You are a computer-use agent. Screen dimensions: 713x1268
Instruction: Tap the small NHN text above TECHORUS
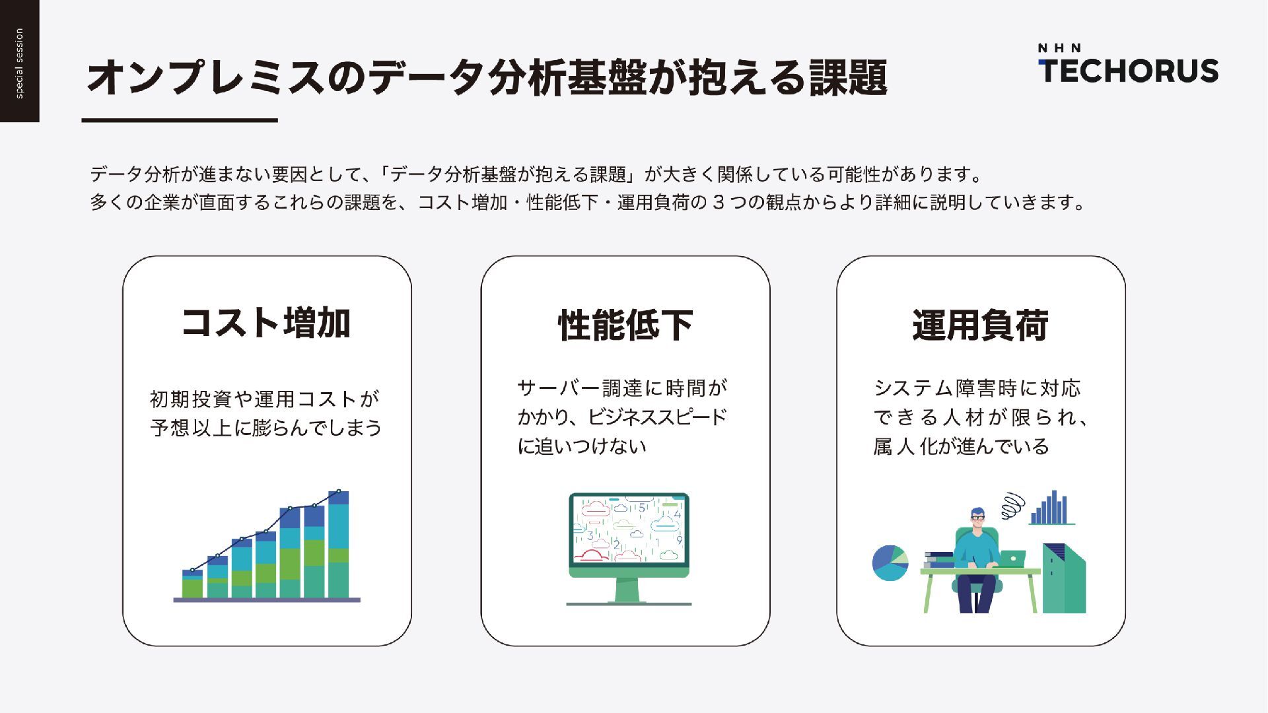pos(1059,48)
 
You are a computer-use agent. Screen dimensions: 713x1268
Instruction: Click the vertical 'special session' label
pos(19,63)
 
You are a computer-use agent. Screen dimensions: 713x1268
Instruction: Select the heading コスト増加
pos(266,323)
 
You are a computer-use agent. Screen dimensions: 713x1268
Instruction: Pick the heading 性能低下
pos(625,325)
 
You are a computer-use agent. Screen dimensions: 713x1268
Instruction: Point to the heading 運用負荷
pos(980,325)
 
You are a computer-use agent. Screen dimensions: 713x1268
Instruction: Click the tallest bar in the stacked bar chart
pos(338,545)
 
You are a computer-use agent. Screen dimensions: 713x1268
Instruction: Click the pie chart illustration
pos(890,562)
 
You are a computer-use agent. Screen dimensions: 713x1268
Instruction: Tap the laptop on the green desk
pos(1012,559)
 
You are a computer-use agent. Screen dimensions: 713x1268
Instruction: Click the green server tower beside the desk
pos(1063,578)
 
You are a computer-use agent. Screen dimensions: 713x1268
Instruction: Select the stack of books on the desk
pos(939,560)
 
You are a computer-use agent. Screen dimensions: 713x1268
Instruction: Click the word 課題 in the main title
pos(848,77)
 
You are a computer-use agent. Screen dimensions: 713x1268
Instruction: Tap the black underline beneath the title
pos(179,120)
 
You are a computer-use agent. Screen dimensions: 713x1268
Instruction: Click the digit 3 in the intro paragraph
pos(718,203)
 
